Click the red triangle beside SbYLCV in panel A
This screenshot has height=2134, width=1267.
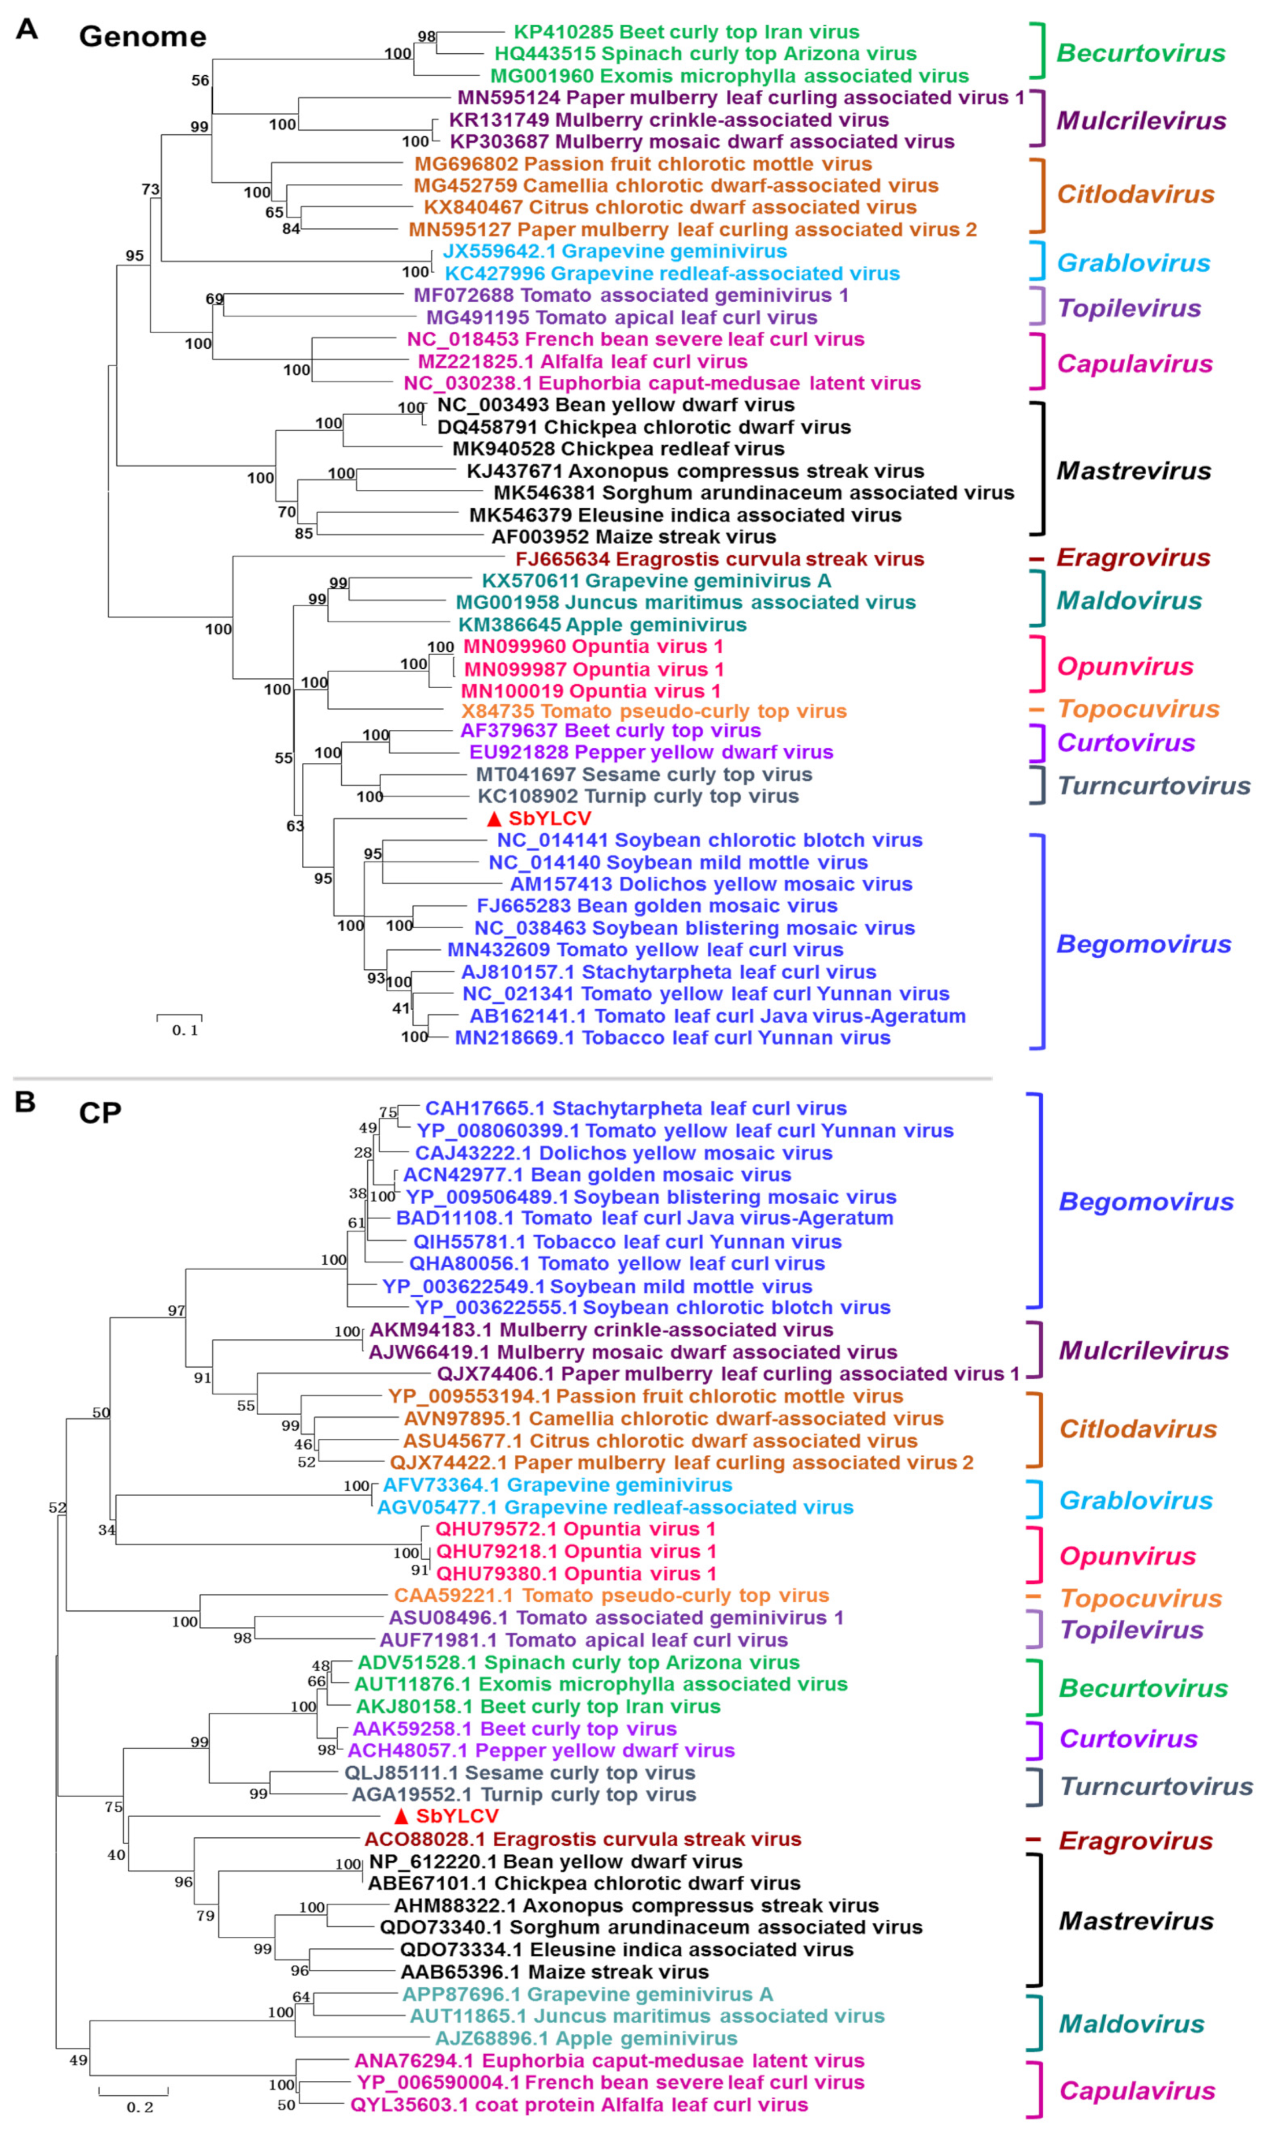click(493, 818)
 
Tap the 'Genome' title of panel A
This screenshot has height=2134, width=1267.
click(143, 36)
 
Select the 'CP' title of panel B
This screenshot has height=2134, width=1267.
click(100, 1113)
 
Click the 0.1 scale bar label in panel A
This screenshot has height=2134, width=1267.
click(184, 1031)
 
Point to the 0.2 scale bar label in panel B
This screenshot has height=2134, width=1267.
click(140, 2107)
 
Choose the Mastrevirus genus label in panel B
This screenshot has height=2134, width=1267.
click(1136, 1921)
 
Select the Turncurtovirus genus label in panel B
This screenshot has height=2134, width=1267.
click(1156, 1786)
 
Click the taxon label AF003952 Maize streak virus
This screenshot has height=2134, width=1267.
click(634, 537)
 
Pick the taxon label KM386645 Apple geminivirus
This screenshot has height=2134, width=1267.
click(602, 625)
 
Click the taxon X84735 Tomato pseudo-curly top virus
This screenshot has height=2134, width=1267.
click(654, 711)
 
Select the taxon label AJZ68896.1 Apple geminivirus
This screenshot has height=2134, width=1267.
click(586, 2039)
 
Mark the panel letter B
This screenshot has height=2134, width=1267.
click(25, 1102)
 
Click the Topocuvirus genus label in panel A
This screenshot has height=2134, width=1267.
click(1138, 710)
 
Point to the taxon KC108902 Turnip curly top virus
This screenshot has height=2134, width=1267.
click(638, 796)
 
